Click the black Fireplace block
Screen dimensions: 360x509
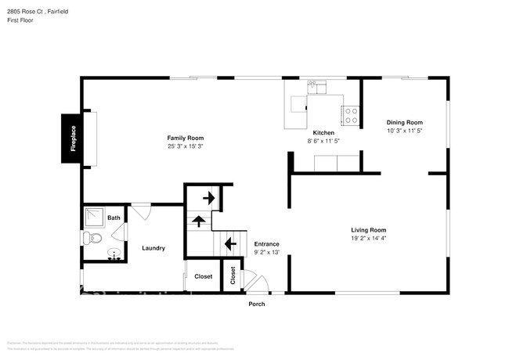click(x=74, y=139)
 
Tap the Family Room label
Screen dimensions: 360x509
click(x=190, y=138)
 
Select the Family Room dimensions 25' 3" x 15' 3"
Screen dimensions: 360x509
click(x=190, y=146)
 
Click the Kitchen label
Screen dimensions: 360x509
click(x=324, y=133)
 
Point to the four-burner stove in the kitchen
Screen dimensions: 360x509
click(x=350, y=116)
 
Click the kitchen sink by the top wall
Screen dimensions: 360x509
click(x=317, y=88)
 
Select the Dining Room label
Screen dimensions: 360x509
click(x=404, y=122)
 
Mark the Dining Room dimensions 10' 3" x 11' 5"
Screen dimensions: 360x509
click(x=404, y=131)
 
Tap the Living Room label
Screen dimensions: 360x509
click(x=368, y=229)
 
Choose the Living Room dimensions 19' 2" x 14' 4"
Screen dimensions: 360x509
click(x=368, y=238)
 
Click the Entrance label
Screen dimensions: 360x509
click(x=266, y=243)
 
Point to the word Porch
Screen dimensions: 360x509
click(x=257, y=304)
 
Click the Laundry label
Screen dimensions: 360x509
click(x=153, y=248)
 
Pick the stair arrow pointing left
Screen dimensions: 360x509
click(x=231, y=244)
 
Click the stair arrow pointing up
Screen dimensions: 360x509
click(x=199, y=221)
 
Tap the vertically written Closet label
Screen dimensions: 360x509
click(x=233, y=276)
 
